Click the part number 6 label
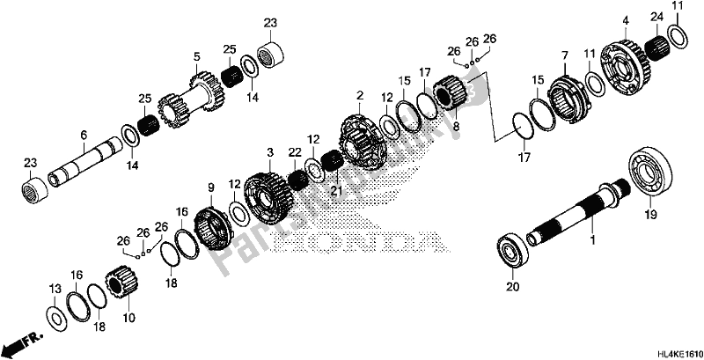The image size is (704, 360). (83, 135)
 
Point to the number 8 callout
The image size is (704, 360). (456, 128)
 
